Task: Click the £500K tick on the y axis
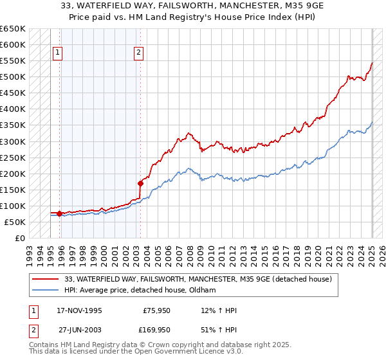14,77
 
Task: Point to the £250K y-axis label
14,157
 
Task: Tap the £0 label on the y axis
19,238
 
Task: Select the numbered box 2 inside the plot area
139,53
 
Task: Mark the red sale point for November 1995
59,213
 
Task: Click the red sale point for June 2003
140,183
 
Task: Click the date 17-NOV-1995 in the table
80,310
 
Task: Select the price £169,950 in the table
157,329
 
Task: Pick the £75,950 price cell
157,310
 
